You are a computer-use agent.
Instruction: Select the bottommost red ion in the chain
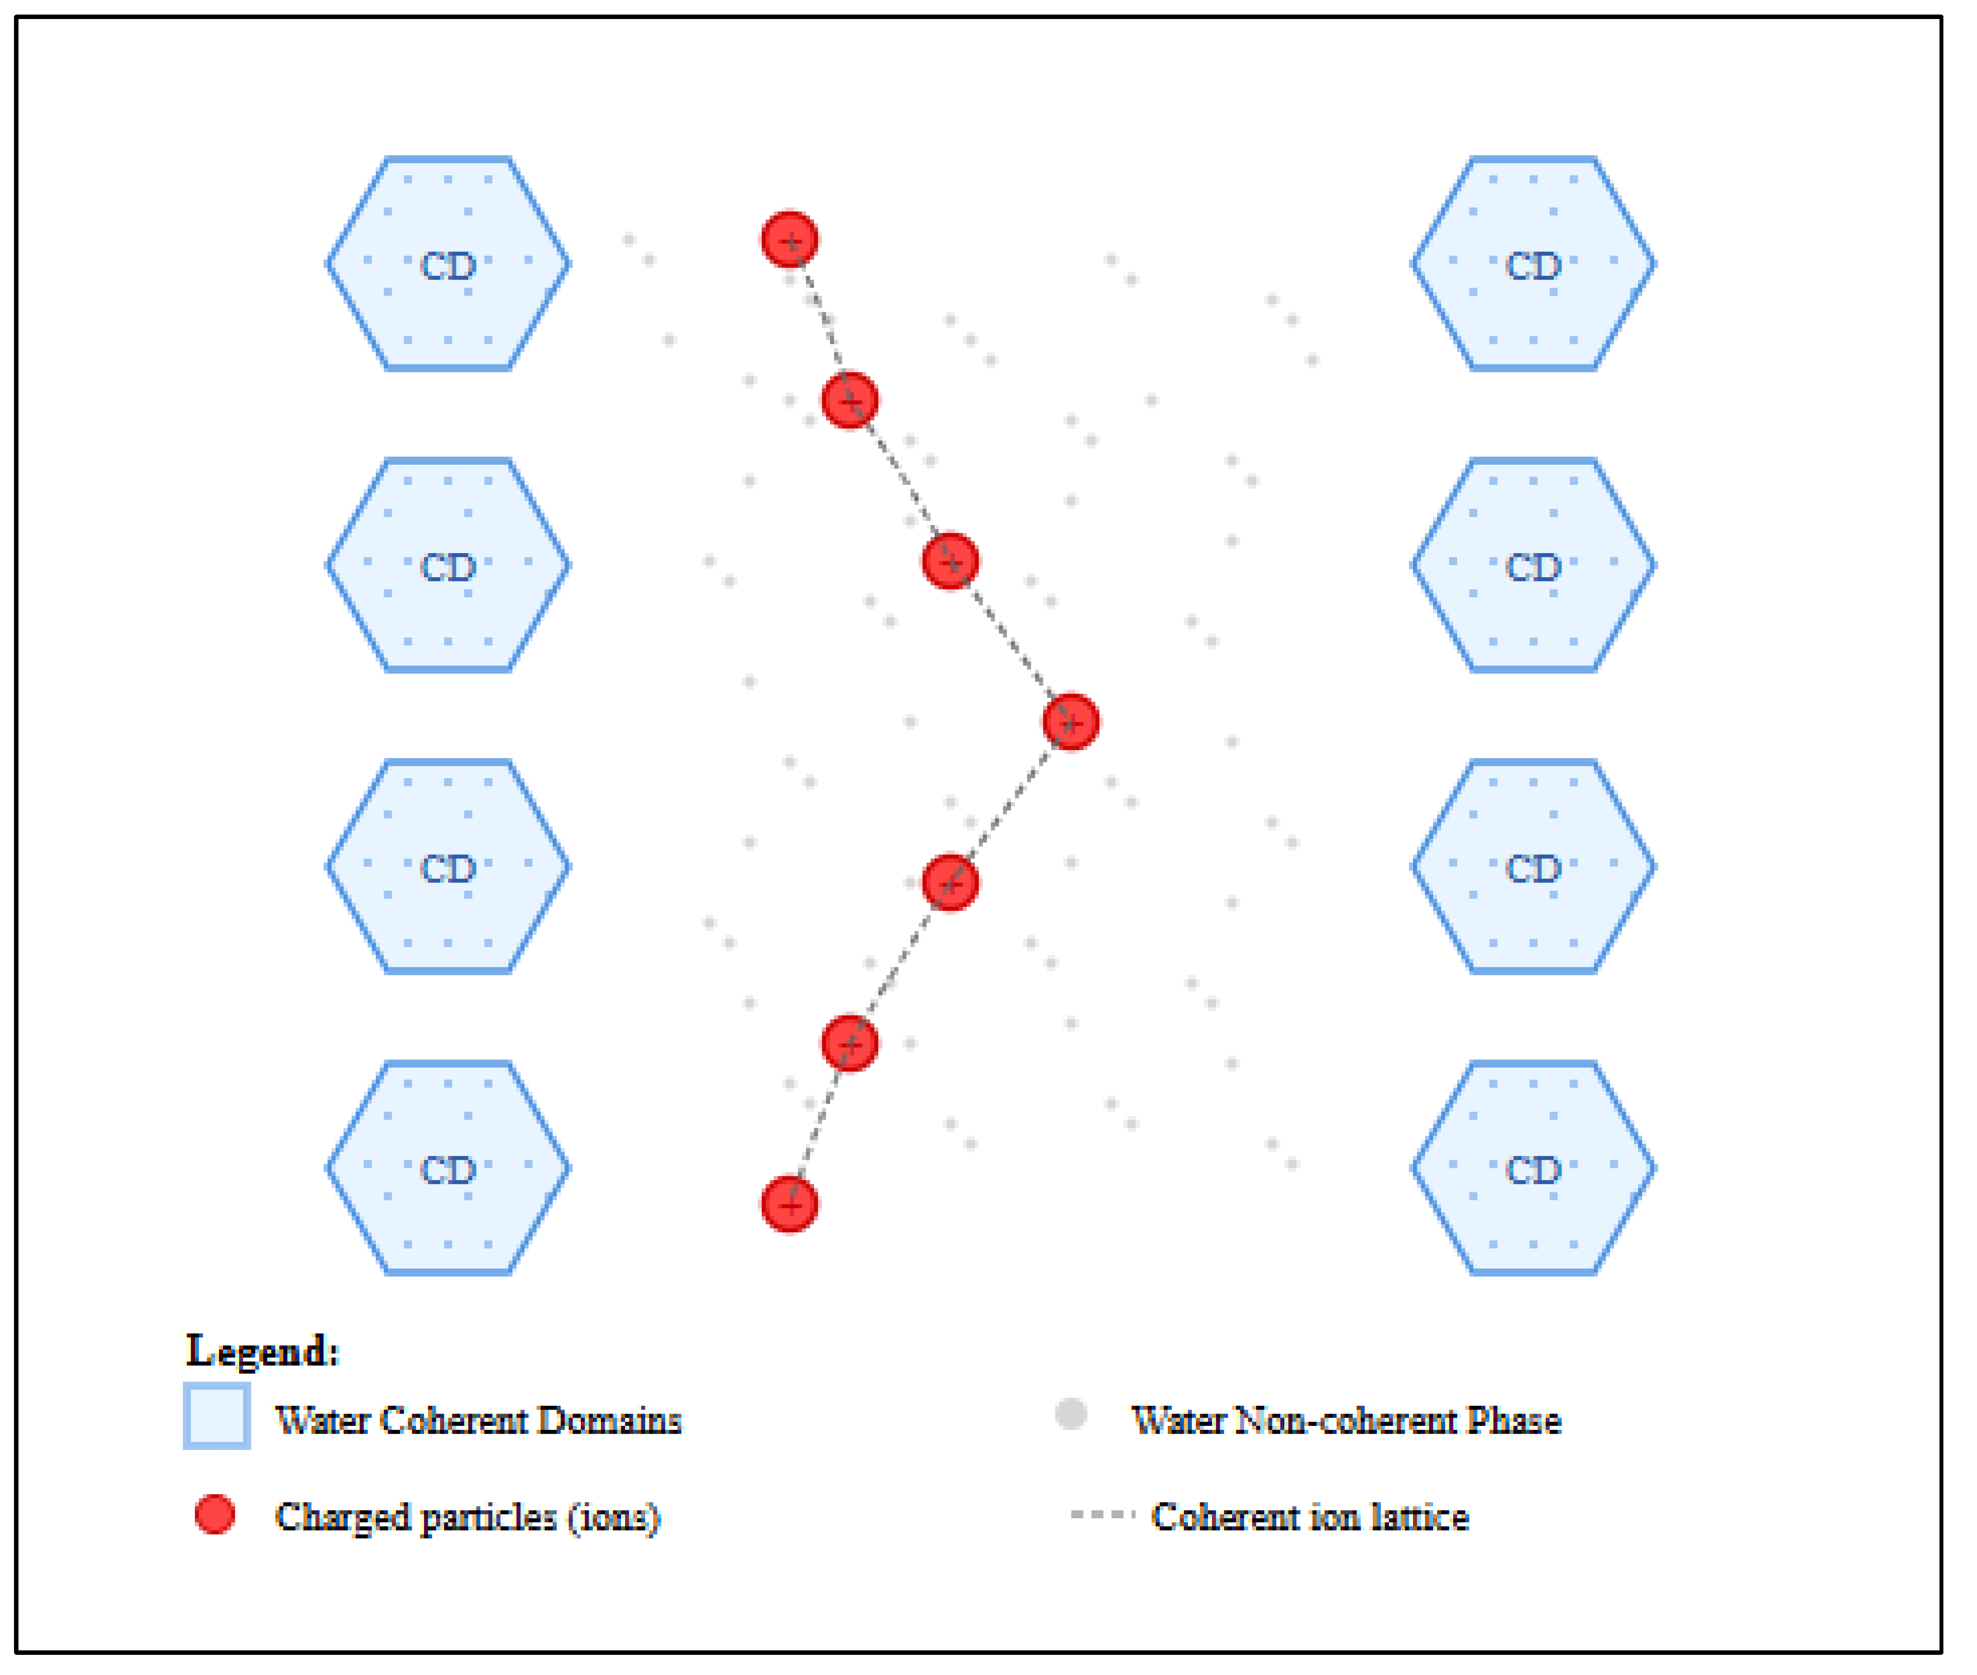(790, 1205)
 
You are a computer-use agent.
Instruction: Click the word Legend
(262, 1350)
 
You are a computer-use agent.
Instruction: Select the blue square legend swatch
(217, 1417)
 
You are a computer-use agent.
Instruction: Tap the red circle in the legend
(215, 1514)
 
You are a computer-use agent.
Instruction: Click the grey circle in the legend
(1071, 1414)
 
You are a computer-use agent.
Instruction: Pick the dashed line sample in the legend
(1102, 1514)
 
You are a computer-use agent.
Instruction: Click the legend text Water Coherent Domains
(478, 1420)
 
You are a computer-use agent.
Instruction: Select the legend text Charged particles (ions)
(468, 1517)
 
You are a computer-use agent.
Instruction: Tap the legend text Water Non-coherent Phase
(1346, 1420)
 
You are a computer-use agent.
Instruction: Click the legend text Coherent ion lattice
(1310, 1517)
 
